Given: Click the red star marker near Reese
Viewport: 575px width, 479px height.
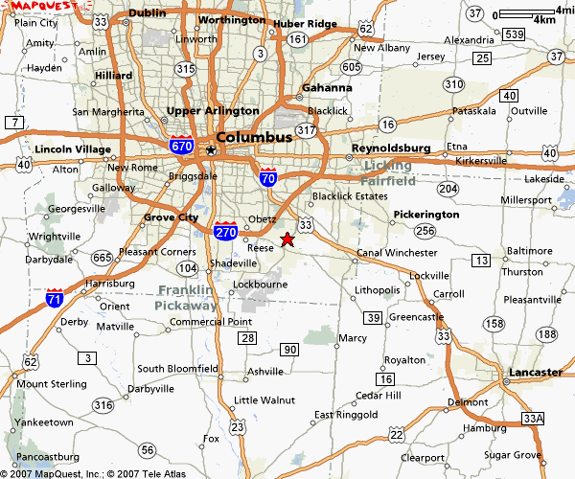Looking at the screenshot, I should pyautogui.click(x=287, y=239).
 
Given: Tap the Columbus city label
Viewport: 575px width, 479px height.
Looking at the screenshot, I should pyautogui.click(x=254, y=137).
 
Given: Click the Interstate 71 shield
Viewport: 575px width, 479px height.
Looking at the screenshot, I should pyautogui.click(x=56, y=299).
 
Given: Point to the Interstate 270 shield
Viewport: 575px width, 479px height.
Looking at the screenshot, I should pyautogui.click(x=226, y=231).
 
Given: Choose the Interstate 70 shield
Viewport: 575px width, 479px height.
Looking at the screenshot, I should pyautogui.click(x=269, y=176).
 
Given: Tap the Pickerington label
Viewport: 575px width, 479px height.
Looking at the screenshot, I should pyautogui.click(x=426, y=215).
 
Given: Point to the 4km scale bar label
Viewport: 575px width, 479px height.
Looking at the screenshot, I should pyautogui.click(x=543, y=19).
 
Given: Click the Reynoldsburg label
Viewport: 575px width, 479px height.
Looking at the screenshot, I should pyautogui.click(x=391, y=148).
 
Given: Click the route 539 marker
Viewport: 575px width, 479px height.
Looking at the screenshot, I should pyautogui.click(x=515, y=35).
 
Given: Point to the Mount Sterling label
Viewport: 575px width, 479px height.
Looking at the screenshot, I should pyautogui.click(x=45, y=384).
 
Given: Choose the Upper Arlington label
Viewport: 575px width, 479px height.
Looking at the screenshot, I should pyautogui.click(x=213, y=111).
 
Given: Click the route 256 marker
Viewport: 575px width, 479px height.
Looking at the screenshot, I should pyautogui.click(x=425, y=231).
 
